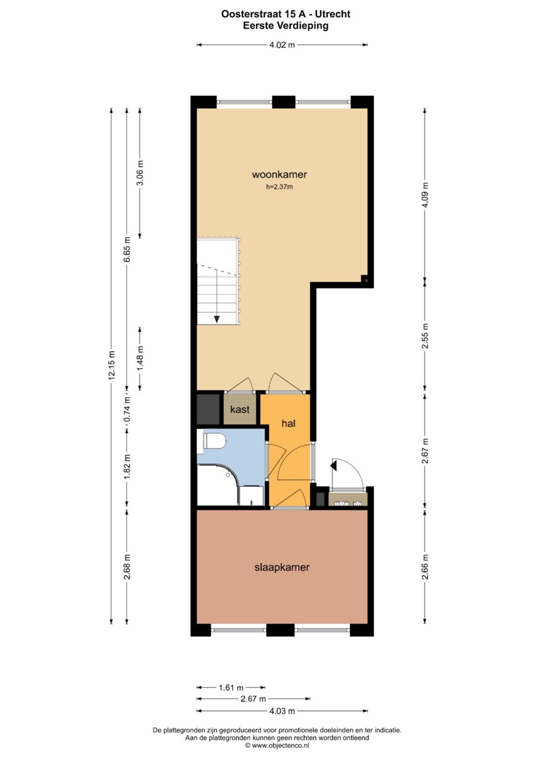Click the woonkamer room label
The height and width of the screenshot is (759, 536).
click(x=280, y=174)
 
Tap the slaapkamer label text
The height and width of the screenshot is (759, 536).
click(x=282, y=567)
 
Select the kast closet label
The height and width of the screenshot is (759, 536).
click(x=240, y=410)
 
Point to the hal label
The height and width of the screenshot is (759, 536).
click(x=289, y=423)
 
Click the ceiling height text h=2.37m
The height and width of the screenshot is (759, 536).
click(x=280, y=187)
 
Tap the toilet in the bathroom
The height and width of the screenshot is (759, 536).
click(x=214, y=441)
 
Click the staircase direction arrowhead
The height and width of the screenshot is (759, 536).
click(x=216, y=319)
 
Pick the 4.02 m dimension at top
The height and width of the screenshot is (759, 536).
click(x=282, y=45)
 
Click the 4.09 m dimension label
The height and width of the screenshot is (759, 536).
click(x=425, y=195)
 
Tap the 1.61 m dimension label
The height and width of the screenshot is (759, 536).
click(x=231, y=687)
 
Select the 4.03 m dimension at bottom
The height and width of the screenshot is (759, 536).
click(x=282, y=711)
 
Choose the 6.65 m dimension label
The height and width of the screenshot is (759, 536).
click(x=127, y=249)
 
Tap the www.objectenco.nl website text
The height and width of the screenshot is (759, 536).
click(x=280, y=745)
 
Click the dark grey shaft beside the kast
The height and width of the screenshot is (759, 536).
click(x=208, y=409)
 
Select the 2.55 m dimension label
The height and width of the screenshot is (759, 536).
click(x=425, y=336)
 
